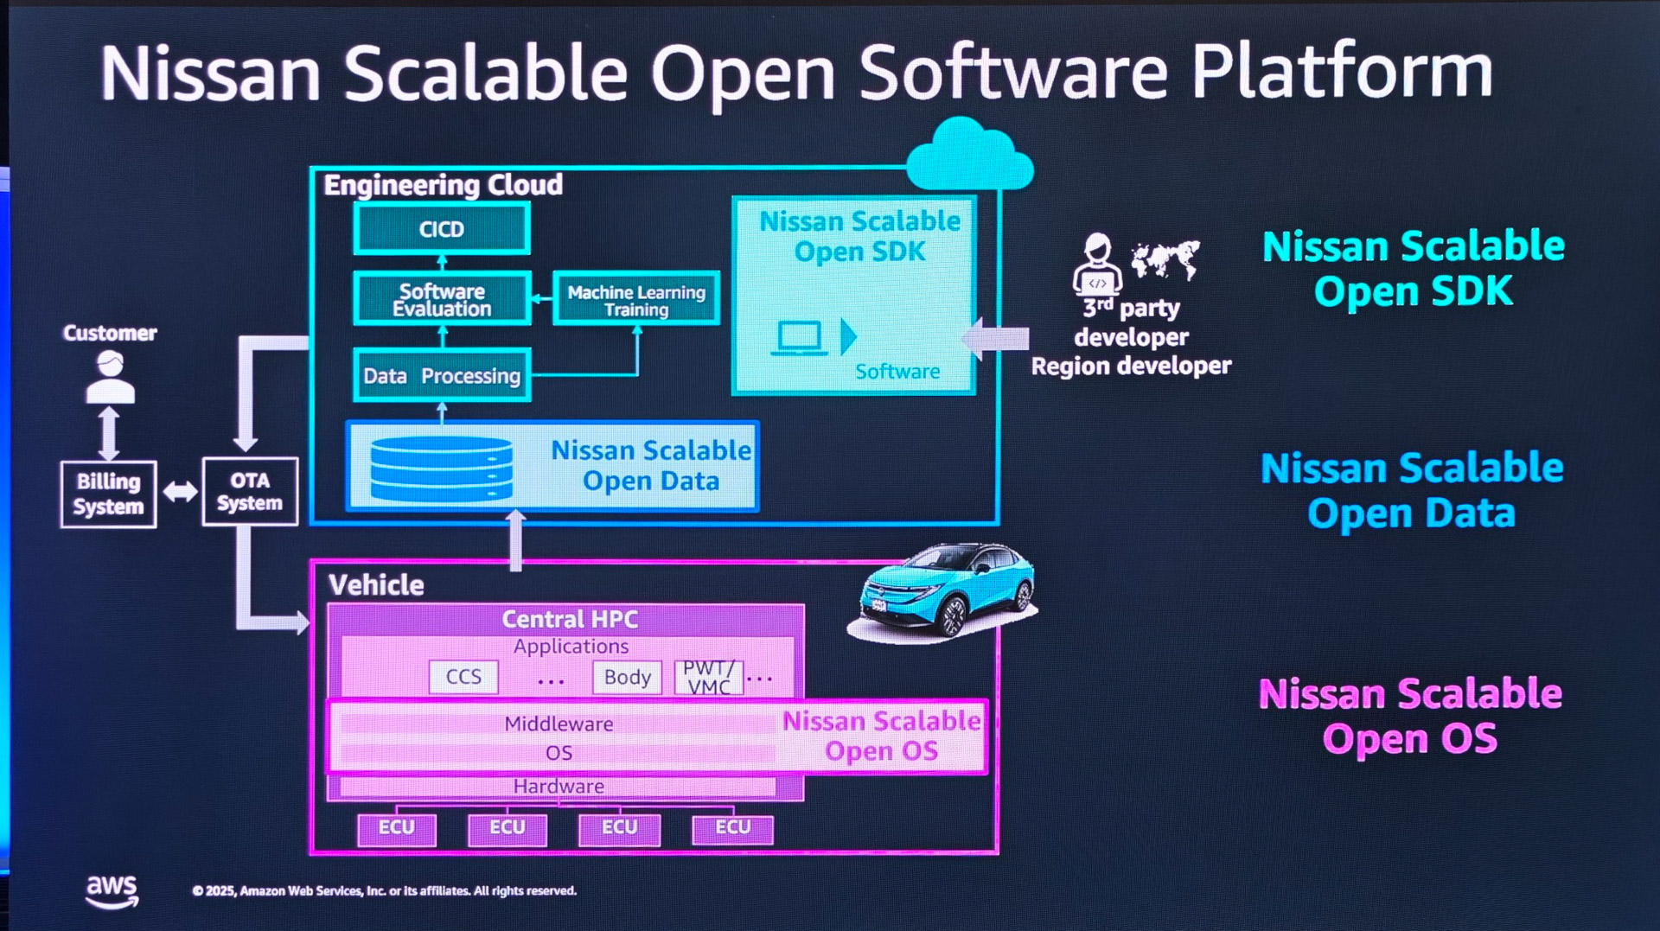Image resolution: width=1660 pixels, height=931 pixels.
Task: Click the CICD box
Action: [x=442, y=229]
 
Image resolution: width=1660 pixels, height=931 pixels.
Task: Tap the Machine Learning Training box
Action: [x=636, y=300]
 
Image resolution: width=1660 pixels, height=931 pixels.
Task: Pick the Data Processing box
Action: [x=442, y=376]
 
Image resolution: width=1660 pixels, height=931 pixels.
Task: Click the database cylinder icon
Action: [x=441, y=469]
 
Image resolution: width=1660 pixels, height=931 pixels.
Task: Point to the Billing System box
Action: [x=108, y=494]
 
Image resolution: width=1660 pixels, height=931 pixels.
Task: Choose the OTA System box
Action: [x=250, y=492]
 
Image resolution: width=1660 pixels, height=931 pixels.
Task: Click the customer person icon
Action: [x=110, y=379]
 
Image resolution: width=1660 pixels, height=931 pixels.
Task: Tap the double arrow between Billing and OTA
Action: [x=180, y=492]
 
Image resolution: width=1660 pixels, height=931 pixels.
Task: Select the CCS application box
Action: [x=463, y=677]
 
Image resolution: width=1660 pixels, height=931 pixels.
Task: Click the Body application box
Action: [x=627, y=677]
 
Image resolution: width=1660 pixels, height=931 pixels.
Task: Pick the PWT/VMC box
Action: [x=709, y=677]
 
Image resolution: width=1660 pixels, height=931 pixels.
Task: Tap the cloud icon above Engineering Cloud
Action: [x=969, y=156]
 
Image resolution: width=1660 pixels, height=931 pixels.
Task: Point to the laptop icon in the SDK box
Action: [x=799, y=338]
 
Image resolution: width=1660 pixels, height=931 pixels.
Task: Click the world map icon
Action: [x=1165, y=258]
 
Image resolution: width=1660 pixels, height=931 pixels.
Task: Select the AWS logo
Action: [x=112, y=890]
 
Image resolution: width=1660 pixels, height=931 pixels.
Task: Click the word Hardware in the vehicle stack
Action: [x=559, y=787]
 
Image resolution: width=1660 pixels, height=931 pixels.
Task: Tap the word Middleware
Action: [x=559, y=724]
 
